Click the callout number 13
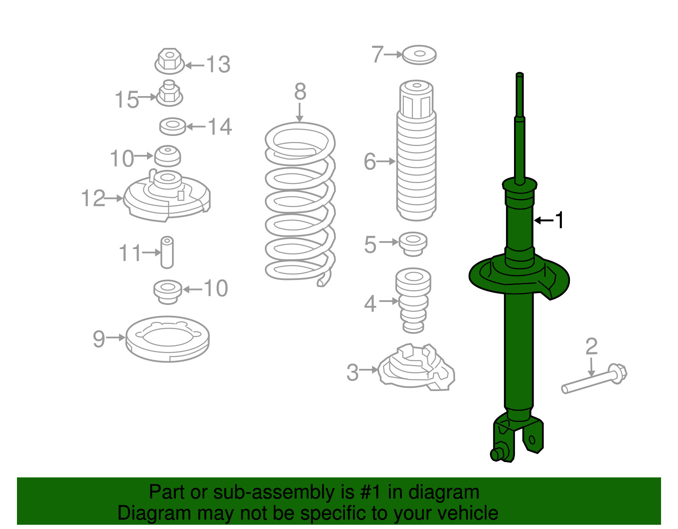[218, 65]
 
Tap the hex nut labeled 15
[169, 94]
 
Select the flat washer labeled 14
[172, 126]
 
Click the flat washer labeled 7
[419, 55]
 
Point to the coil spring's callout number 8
[300, 92]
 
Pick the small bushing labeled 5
[413, 244]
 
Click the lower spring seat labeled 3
[415, 368]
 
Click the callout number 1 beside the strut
[559, 220]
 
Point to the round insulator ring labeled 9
[168, 339]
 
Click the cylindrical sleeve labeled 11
[167, 252]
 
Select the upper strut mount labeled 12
[167, 197]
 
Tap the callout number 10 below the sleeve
[216, 289]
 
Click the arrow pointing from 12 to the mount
[114, 198]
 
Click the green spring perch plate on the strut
[519, 277]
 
